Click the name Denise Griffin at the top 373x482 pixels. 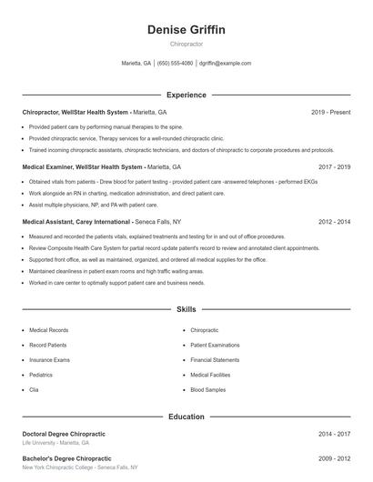tap(186, 30)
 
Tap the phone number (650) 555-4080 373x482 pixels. tap(175, 64)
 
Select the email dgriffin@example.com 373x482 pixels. tap(225, 64)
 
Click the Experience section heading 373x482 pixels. tap(186, 95)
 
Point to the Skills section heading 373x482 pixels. tap(186, 310)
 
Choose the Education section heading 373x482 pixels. tap(186, 417)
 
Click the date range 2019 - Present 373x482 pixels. tap(330, 112)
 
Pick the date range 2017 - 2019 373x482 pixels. tap(334, 167)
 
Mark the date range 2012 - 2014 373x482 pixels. tap(334, 221)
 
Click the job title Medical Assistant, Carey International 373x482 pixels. tap(76, 221)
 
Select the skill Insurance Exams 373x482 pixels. tap(49, 360)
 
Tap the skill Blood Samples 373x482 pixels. tap(208, 389)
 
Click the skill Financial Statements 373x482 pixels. tap(216, 360)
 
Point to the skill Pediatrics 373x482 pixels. tap(41, 375)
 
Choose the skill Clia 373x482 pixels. tap(34, 389)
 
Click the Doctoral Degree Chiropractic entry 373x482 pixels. tap(66, 434)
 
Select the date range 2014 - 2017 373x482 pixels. tap(334, 434)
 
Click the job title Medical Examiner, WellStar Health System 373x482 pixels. tap(83, 167)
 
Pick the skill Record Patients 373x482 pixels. tap(48, 346)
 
